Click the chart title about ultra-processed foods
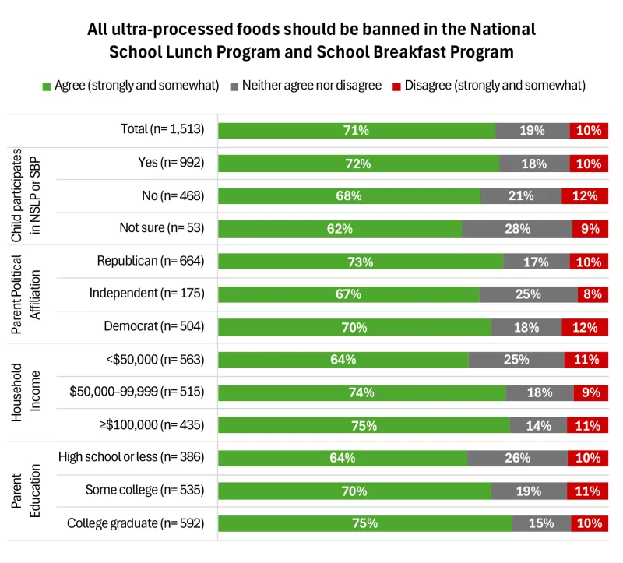(x=311, y=40)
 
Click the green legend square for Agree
(x=47, y=85)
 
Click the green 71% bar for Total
(x=357, y=131)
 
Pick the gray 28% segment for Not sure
(x=517, y=229)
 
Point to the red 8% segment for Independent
(x=593, y=294)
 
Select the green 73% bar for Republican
(x=361, y=262)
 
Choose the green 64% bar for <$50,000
(x=343, y=360)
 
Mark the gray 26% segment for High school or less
(x=518, y=458)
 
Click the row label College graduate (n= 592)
(x=136, y=523)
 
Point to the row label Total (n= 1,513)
(x=162, y=131)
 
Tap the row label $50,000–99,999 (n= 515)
(x=137, y=392)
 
